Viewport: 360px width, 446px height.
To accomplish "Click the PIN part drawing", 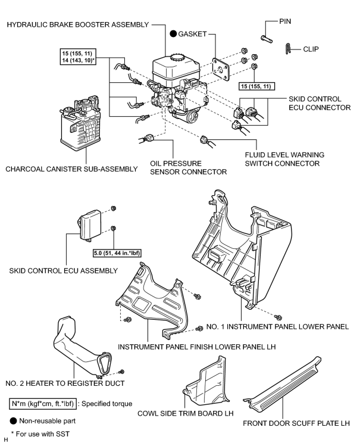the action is click(x=267, y=39).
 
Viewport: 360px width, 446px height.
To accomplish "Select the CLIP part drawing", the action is click(x=288, y=49).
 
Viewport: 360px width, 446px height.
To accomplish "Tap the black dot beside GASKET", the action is click(x=173, y=34).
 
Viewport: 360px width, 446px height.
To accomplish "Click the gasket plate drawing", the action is click(x=221, y=70).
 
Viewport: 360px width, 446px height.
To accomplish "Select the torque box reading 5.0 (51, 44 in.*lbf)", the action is click(x=117, y=253).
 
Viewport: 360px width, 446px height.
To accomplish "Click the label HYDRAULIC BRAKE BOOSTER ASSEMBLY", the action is click(x=78, y=25).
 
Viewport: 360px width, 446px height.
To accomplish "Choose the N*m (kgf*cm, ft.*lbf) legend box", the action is click(x=43, y=404).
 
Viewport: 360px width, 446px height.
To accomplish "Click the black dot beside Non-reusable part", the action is click(x=13, y=420).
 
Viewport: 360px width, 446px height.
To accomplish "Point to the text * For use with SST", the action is click(x=40, y=433).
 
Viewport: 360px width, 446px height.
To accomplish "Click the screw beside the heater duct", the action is click(x=121, y=372).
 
